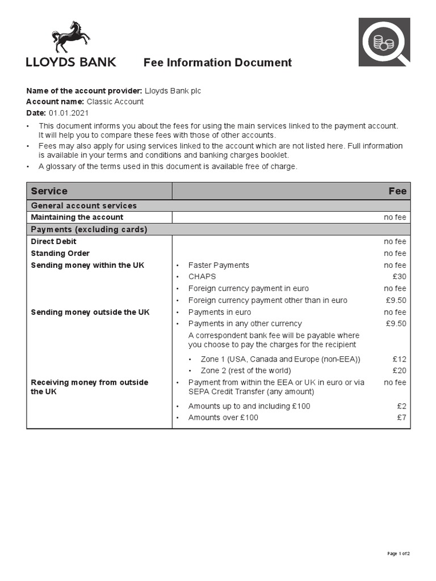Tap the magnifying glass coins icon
(384, 42)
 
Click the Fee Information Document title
(217, 62)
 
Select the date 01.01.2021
(69, 113)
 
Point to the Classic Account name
(115, 102)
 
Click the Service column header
(49, 191)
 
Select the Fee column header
(397, 191)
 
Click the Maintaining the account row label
(77, 217)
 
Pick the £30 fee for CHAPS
(399, 277)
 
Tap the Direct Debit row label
(53, 242)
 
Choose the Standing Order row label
(60, 254)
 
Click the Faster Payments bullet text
(219, 266)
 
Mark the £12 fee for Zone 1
(399, 359)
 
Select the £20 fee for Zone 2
(399, 371)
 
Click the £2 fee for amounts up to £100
(401, 406)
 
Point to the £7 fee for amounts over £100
(401, 418)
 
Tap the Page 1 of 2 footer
(398, 553)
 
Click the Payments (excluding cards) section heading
(89, 230)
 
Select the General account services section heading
(83, 206)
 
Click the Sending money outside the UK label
(90, 313)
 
